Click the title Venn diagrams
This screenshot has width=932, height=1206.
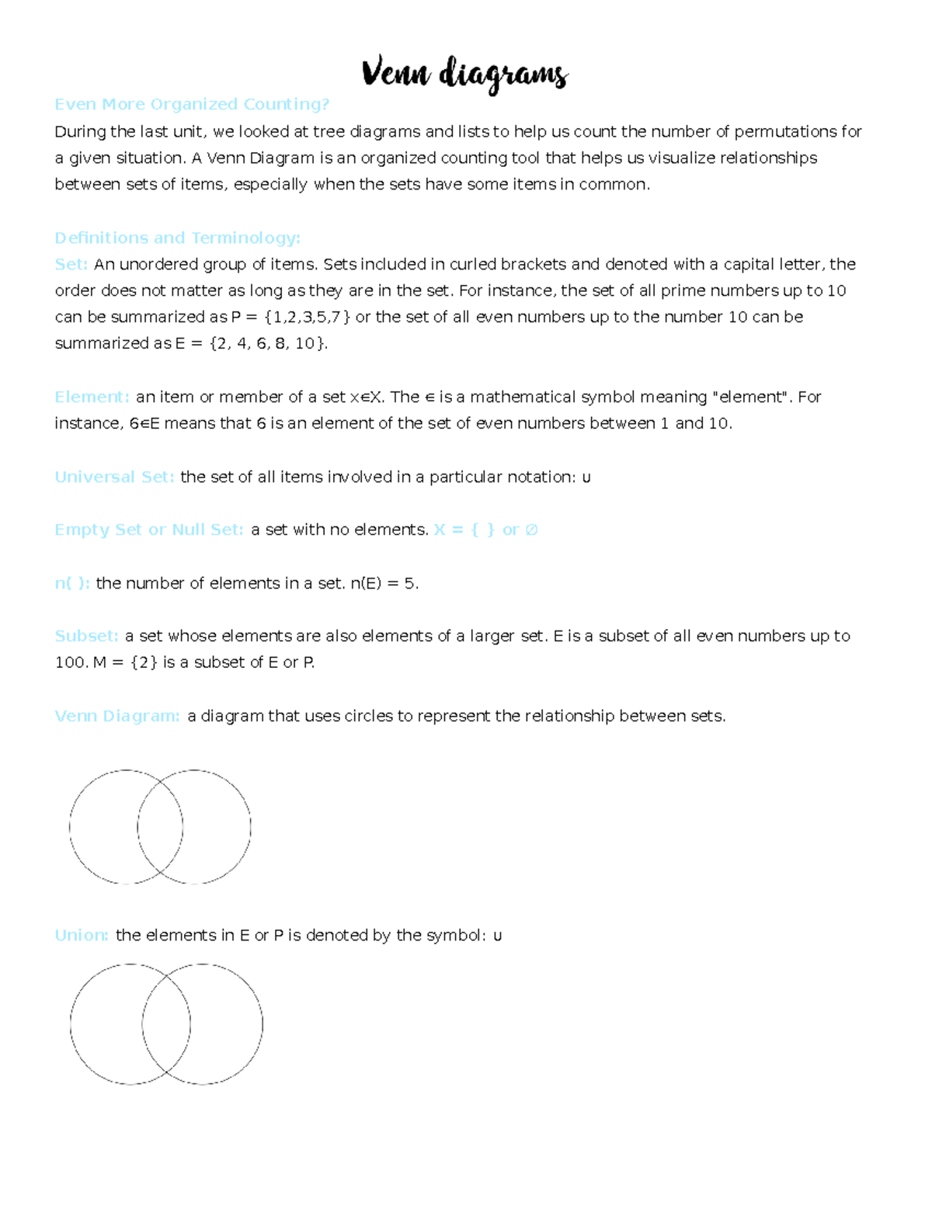click(x=464, y=75)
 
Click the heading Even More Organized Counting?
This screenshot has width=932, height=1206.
click(x=192, y=104)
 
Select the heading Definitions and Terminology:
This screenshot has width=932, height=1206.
click(x=177, y=238)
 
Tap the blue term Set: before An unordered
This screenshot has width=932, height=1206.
click(x=71, y=264)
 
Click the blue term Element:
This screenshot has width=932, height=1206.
click(x=92, y=397)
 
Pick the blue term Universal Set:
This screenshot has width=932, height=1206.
click(x=114, y=477)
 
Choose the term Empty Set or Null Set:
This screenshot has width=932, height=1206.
click(x=148, y=530)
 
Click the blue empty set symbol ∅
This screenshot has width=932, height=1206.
click(x=531, y=530)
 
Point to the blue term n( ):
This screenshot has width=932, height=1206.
click(x=72, y=583)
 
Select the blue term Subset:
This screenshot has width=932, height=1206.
click(x=86, y=636)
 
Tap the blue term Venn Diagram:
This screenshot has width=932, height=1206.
click(x=116, y=716)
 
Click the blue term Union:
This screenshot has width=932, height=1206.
click(x=81, y=935)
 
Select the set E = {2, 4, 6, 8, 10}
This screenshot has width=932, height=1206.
click(x=251, y=343)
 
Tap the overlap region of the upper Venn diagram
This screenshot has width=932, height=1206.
click(x=160, y=827)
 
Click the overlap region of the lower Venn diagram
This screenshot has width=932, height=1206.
click(x=166, y=1024)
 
